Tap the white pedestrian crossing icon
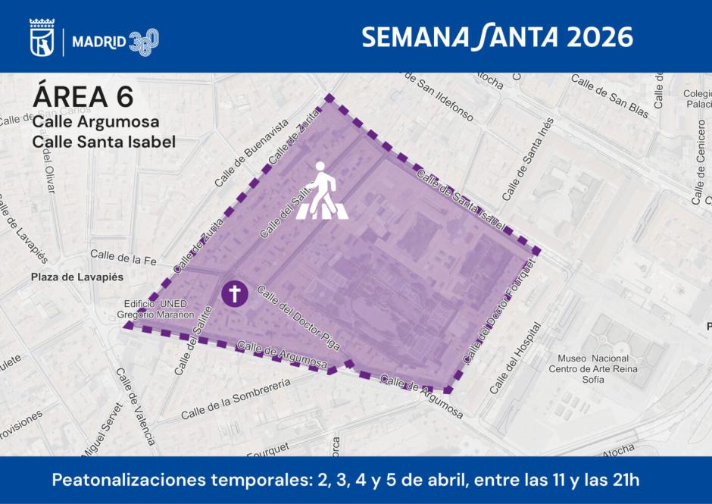(323, 196)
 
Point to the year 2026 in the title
(598, 36)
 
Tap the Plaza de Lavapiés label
(77, 277)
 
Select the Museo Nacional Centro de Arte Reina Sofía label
(593, 369)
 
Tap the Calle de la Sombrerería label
(236, 399)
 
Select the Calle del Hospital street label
(516, 358)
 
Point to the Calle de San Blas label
(610, 95)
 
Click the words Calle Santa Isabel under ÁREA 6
(104, 142)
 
